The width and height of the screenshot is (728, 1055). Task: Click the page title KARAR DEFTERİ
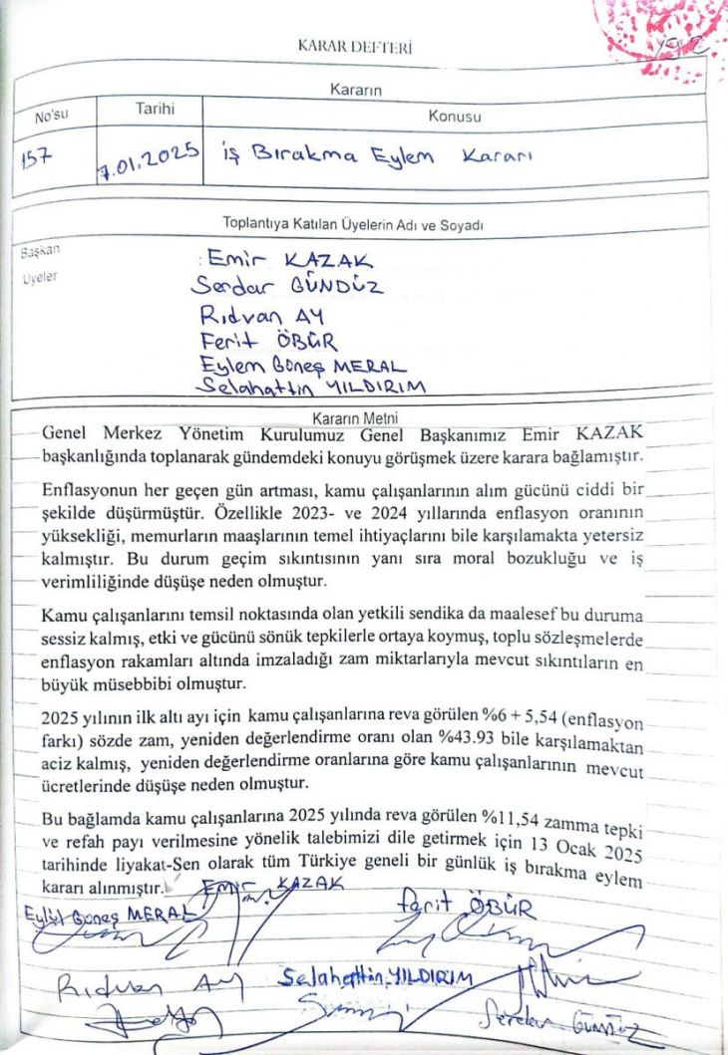(x=355, y=47)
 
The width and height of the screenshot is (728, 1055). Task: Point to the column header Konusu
(x=454, y=117)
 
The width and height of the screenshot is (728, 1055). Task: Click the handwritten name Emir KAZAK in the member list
(x=285, y=261)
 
